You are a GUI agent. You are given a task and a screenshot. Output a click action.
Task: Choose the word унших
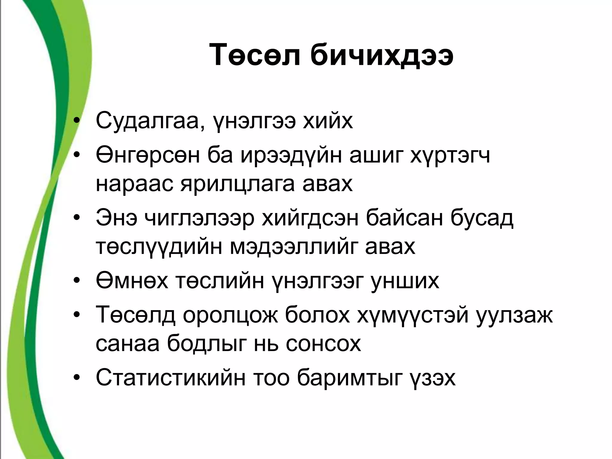pyautogui.click(x=405, y=281)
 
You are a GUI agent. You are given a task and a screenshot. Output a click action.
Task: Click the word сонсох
pyautogui.click(x=323, y=344)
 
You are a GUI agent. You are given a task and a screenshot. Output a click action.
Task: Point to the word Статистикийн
pyautogui.click(x=171, y=378)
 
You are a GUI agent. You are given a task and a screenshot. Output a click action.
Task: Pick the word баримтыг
pyautogui.click(x=348, y=378)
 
